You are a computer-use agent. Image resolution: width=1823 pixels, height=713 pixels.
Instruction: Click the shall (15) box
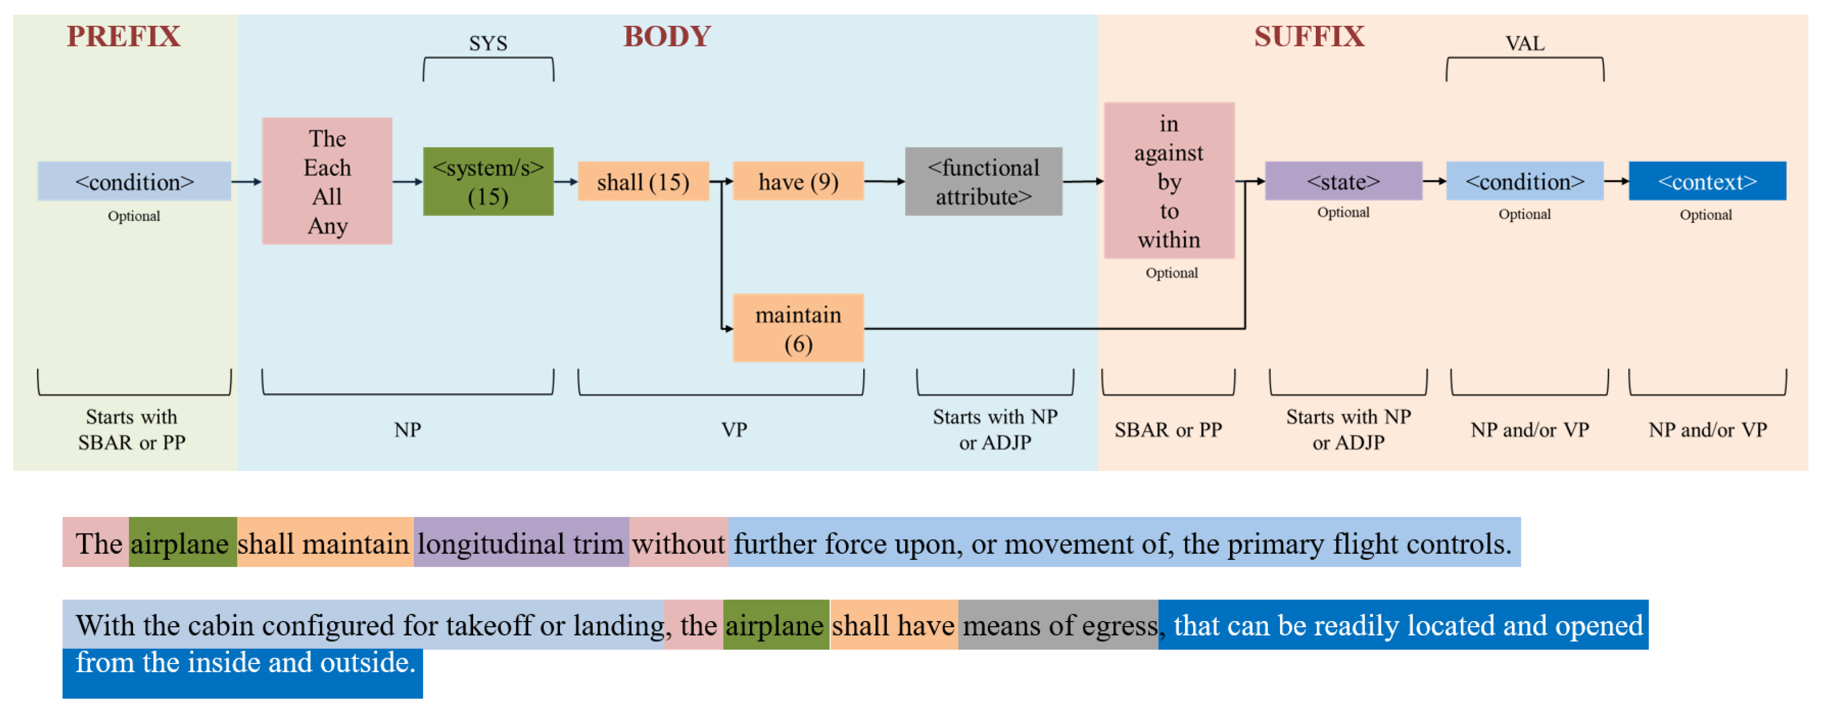point(643,182)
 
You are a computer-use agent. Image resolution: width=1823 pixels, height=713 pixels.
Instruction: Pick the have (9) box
point(798,182)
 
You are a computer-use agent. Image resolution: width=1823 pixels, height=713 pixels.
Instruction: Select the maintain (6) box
point(798,329)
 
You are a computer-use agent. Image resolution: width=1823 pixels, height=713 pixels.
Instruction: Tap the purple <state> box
point(1343,181)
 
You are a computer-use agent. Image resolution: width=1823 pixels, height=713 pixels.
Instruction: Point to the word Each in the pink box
point(327,168)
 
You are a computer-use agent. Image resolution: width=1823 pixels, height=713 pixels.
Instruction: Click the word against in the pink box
point(1168,153)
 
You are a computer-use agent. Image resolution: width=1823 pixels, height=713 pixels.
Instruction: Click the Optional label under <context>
point(1706,215)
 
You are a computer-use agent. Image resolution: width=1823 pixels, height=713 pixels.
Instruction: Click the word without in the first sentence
point(678,544)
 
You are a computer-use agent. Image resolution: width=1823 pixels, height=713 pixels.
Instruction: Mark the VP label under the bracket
point(734,429)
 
